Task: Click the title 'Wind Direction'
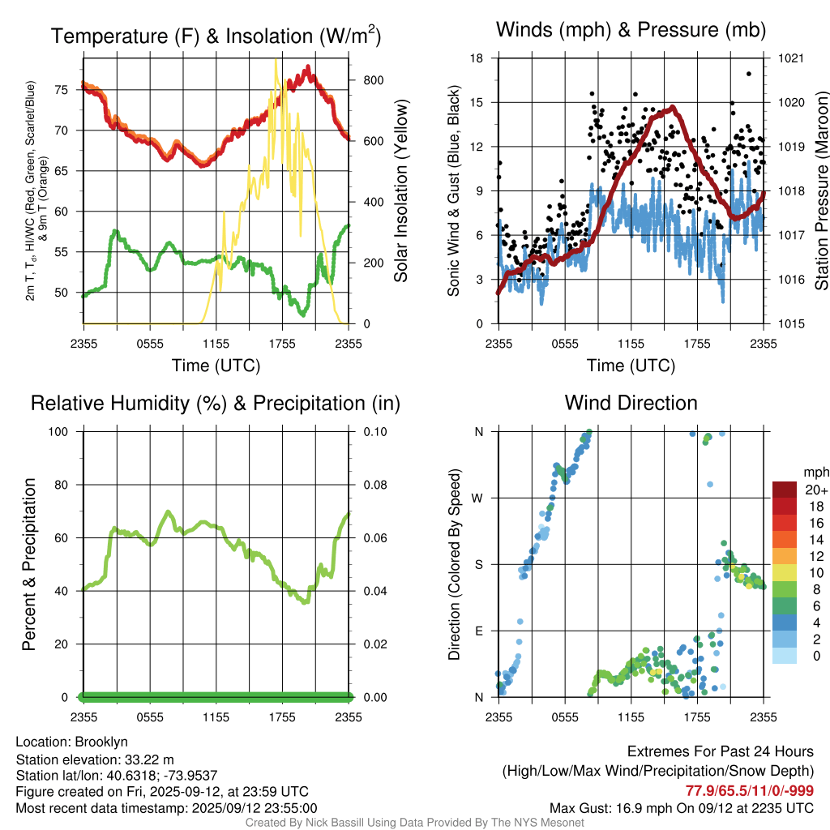[x=631, y=403]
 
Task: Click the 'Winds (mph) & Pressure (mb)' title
[x=631, y=31]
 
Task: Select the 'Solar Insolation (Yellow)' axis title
[x=401, y=191]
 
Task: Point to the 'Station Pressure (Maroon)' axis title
[x=820, y=191]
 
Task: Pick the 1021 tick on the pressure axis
[x=791, y=58]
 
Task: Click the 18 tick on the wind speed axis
[x=477, y=58]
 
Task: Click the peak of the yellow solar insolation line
[x=276, y=60]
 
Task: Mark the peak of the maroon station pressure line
[x=672, y=107]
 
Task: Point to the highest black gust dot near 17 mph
[x=748, y=74]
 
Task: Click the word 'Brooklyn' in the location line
[x=101, y=742]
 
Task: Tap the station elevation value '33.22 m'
[x=148, y=759]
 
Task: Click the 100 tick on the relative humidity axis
[x=64, y=431]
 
